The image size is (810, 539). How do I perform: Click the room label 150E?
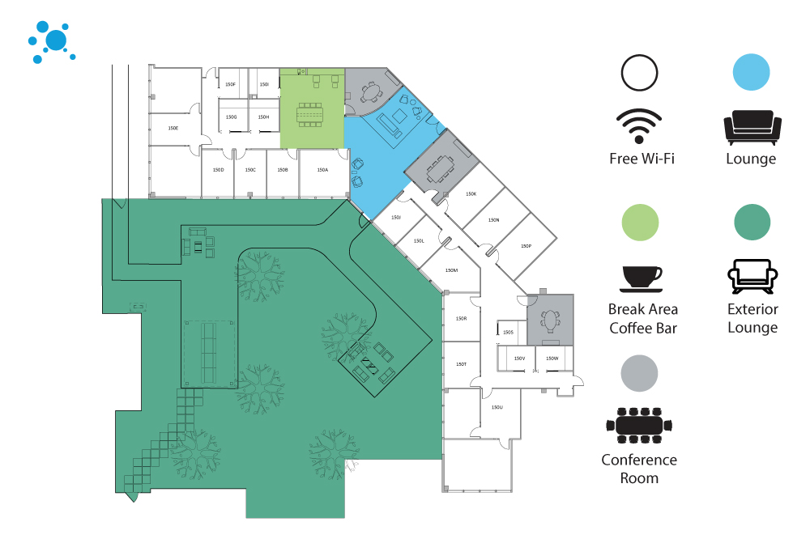[173, 129]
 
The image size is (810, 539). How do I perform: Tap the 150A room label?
[322, 170]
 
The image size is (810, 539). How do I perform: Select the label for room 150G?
[231, 117]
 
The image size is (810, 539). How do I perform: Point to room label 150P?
[526, 246]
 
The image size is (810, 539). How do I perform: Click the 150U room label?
[497, 407]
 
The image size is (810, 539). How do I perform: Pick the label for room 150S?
[508, 333]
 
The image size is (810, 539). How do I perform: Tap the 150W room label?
[552, 358]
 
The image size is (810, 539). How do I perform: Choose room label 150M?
[451, 270]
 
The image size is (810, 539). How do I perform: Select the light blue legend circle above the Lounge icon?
[751, 73]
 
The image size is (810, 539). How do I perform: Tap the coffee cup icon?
[642, 278]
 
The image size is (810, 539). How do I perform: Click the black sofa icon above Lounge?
[752, 127]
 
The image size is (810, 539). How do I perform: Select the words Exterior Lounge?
[752, 318]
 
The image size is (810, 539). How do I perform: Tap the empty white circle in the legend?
[640, 73]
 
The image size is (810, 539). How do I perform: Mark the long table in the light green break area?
[309, 115]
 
